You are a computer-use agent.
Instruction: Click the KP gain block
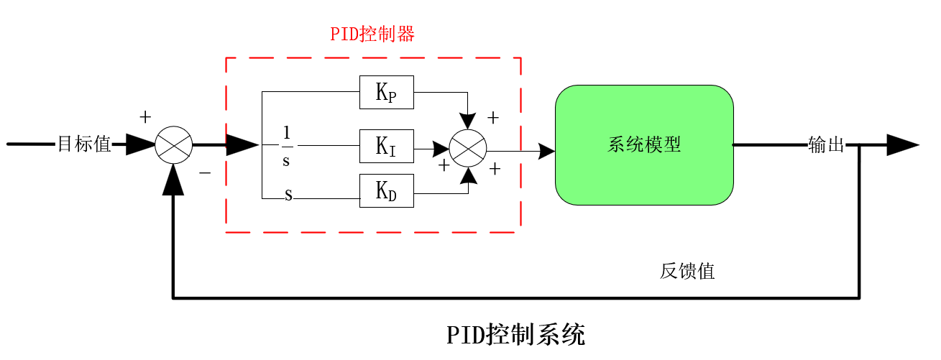387,93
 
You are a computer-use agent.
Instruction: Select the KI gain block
387,147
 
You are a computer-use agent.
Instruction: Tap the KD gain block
387,191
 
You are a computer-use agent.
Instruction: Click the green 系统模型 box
644,145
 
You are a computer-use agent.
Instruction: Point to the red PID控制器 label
372,34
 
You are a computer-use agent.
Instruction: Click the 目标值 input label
84,144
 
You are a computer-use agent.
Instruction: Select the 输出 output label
826,145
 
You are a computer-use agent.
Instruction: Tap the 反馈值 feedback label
687,272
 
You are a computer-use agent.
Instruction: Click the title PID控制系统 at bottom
516,335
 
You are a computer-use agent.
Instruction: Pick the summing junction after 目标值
174,145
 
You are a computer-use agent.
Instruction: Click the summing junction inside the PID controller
468,147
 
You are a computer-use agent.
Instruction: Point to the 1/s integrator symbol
286,146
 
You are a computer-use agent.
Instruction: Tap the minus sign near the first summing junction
205,173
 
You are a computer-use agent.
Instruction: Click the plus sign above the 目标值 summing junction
145,116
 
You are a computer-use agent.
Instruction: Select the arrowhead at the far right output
902,145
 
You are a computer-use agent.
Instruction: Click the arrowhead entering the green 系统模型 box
546,151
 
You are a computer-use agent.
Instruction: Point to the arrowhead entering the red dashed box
242,145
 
